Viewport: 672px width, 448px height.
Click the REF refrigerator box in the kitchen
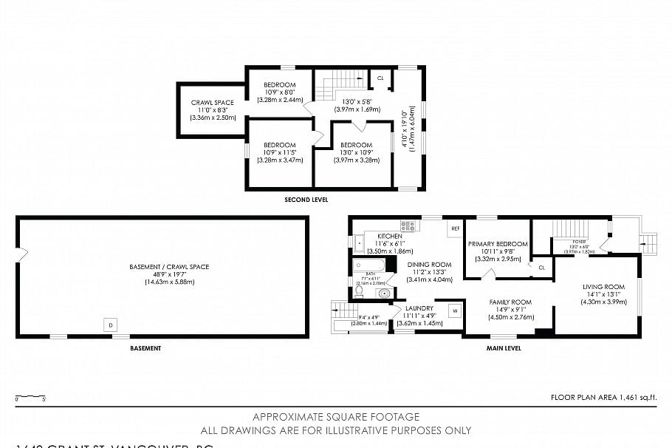tap(455, 229)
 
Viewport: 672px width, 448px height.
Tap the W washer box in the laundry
tap(455, 311)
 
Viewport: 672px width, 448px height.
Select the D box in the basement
tap(111, 325)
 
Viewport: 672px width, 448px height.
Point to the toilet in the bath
tap(360, 291)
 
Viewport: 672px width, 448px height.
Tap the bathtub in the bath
tap(368, 265)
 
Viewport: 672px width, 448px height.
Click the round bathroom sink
tap(383, 293)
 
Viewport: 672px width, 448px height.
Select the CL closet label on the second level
tap(380, 78)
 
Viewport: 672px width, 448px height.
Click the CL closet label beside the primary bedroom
tap(541, 267)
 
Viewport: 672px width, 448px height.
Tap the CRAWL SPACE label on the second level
tap(213, 103)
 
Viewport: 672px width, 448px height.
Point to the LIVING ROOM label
tap(604, 287)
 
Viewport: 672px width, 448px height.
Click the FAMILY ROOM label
tap(510, 302)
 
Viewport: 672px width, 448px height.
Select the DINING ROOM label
tap(429, 265)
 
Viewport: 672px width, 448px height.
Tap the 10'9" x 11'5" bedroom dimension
tap(280, 152)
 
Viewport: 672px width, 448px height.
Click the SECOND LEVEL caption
tap(306, 200)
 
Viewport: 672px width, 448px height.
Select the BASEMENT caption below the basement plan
tap(145, 347)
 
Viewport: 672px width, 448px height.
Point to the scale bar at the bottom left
tap(30, 397)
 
